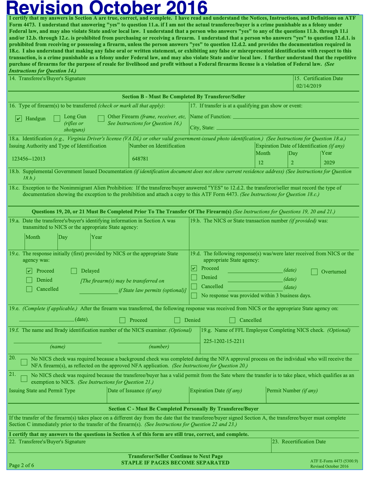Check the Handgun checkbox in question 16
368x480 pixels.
(x=18, y=119)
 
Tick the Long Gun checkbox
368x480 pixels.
(x=57, y=119)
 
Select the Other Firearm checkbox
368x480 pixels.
(x=101, y=119)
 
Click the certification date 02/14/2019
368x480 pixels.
(x=309, y=86)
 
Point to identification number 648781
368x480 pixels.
(x=140, y=159)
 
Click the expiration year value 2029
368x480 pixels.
(x=329, y=163)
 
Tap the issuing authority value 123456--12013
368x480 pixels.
(x=28, y=159)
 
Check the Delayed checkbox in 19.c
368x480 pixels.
(x=74, y=271)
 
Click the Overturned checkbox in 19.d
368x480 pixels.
(x=314, y=272)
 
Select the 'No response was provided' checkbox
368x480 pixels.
(x=194, y=295)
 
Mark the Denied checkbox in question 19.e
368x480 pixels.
(x=177, y=320)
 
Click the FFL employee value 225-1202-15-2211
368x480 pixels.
(x=224, y=341)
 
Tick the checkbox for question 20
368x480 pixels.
(x=24, y=362)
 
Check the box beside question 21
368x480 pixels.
(x=24, y=378)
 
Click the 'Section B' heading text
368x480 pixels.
(x=183, y=97)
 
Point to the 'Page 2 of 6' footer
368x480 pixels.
(x=21, y=465)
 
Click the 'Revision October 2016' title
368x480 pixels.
(x=107, y=8)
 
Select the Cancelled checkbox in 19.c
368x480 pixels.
(x=29, y=289)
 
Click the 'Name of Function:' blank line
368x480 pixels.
(x=296, y=117)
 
